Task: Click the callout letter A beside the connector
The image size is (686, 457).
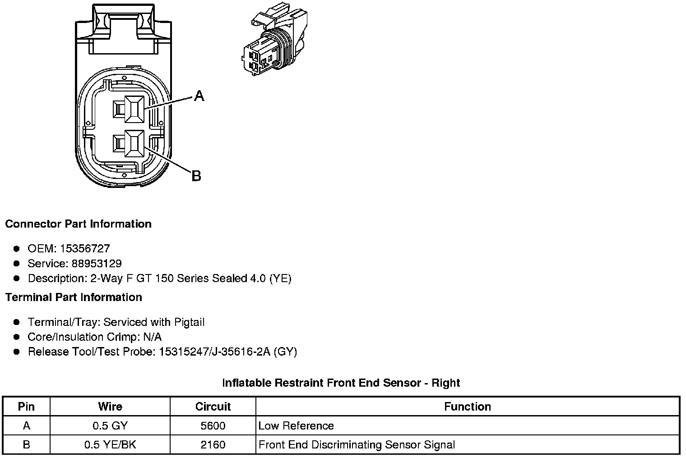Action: [199, 96]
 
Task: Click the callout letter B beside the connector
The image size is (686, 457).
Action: [196, 175]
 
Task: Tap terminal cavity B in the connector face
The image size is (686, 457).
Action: [134, 144]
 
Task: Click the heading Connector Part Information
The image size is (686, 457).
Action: [78, 224]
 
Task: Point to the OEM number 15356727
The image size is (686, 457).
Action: [85, 248]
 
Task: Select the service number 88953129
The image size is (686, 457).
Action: [97, 263]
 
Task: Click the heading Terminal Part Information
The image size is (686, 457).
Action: [74, 297]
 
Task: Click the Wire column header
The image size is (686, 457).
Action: [110, 407]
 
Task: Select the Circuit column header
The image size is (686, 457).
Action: [213, 407]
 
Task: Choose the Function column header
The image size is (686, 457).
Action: [467, 407]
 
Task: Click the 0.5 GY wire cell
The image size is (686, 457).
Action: [110, 426]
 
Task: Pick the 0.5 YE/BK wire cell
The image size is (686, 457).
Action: [110, 445]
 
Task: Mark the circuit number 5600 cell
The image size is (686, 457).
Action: [213, 426]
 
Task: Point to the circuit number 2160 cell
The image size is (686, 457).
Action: [213, 445]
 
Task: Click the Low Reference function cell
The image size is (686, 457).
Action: [296, 426]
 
